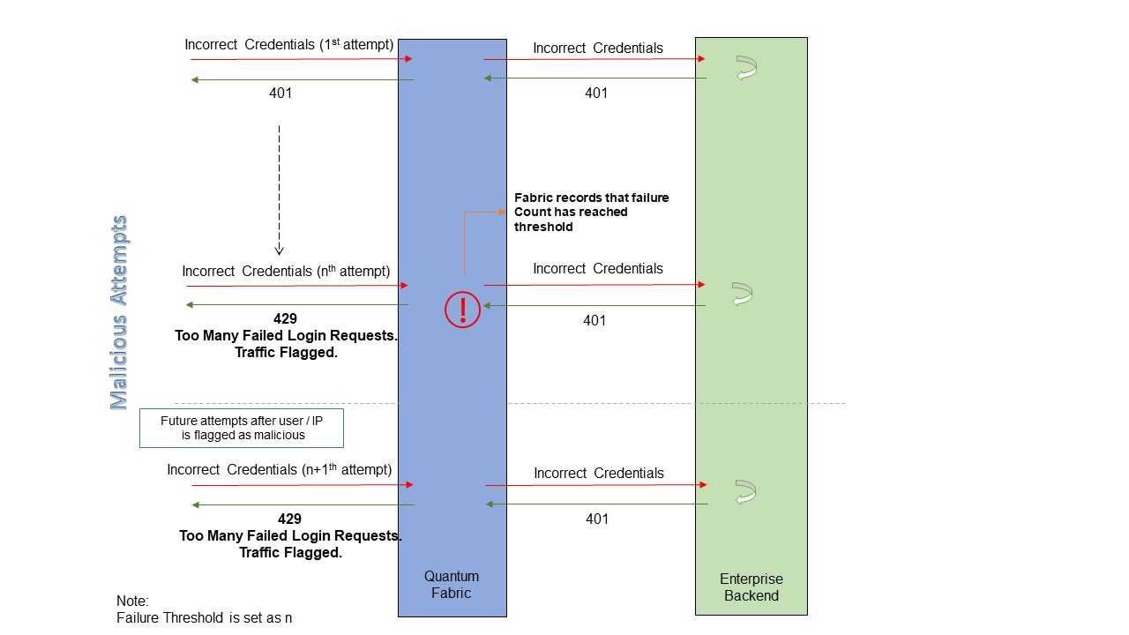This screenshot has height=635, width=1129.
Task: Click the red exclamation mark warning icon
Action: [x=462, y=310]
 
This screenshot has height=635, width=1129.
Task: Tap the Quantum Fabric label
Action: [x=452, y=585]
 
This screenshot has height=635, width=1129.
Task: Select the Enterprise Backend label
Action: [x=751, y=587]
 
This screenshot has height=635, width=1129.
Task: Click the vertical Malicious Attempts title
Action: [x=119, y=313]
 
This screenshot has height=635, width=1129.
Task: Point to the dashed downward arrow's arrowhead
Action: [x=279, y=250]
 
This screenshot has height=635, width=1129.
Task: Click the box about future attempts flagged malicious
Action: [x=242, y=428]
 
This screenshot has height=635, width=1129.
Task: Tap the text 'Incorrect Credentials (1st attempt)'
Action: [x=288, y=45]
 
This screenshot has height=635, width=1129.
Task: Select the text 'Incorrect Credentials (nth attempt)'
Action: [x=286, y=271]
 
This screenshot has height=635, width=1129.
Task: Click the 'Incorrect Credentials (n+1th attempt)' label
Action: [x=280, y=470]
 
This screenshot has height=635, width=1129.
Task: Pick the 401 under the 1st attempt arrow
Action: [x=280, y=93]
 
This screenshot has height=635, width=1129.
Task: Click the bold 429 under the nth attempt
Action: [x=286, y=318]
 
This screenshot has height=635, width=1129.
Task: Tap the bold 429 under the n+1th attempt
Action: [x=289, y=519]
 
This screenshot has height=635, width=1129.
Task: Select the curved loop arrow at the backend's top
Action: [x=747, y=69]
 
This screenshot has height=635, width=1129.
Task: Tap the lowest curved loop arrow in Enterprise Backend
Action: [x=746, y=492]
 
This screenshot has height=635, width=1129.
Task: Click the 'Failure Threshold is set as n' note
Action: [x=204, y=617]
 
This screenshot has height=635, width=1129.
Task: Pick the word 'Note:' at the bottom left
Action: [x=133, y=601]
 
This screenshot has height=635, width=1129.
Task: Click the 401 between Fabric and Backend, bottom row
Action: [x=597, y=519]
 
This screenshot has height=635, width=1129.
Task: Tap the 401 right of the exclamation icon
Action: [x=594, y=320]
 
